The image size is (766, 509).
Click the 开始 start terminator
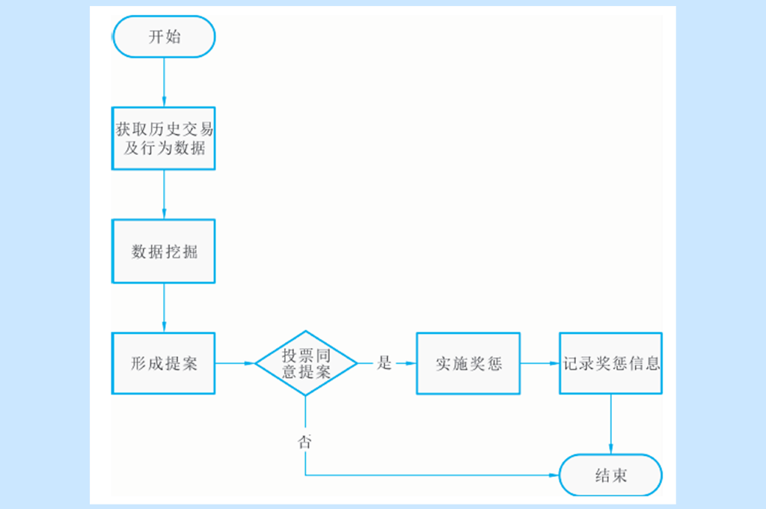[164, 37]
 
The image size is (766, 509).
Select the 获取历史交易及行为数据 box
[164, 138]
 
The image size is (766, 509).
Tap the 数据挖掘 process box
[164, 252]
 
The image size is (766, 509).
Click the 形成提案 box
[164, 364]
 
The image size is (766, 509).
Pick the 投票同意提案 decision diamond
[306, 363]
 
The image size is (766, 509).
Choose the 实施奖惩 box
[468, 364]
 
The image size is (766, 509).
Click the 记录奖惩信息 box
[611, 364]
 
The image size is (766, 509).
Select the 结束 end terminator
[611, 475]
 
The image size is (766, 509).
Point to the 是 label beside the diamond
[384, 364]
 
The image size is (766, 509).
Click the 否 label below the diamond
[305, 441]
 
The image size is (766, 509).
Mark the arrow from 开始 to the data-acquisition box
[164, 82]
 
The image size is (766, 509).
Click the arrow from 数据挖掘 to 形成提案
[164, 308]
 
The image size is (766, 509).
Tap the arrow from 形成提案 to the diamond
[235, 364]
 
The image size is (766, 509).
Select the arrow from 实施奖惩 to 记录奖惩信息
[540, 364]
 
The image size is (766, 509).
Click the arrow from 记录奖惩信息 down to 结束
[611, 424]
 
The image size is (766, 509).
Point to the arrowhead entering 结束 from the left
[554, 475]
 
